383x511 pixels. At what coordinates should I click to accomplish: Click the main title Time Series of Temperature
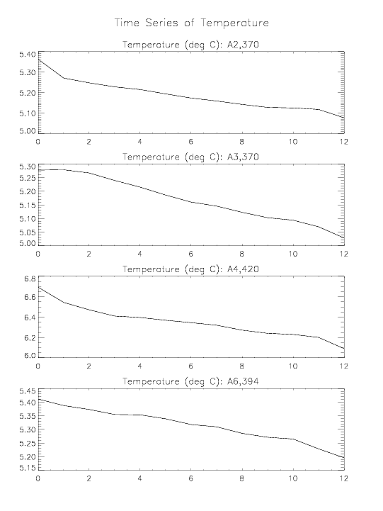coord(192,23)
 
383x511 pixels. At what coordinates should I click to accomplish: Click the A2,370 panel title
coord(190,45)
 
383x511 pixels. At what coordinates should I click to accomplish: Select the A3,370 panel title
coord(190,157)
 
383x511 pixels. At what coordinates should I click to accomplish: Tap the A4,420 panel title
coord(190,269)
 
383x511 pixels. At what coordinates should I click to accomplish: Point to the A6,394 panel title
coord(190,381)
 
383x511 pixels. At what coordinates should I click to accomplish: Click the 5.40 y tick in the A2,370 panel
coord(27,55)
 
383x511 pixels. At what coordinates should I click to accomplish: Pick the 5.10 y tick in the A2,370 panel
coord(27,113)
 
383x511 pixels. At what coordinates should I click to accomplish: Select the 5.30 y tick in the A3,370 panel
coord(27,167)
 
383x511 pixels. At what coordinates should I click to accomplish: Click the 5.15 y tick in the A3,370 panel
coord(27,206)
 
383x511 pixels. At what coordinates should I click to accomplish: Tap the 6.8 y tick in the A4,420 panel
coord(30,279)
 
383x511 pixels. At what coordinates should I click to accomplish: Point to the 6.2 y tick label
coord(30,337)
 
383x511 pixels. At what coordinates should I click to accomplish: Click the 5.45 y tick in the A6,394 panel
coord(27,391)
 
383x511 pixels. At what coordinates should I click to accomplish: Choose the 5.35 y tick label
coord(27,416)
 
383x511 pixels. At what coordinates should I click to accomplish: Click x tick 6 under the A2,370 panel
coord(191,142)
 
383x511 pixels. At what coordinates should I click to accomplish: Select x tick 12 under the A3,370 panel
coord(343,254)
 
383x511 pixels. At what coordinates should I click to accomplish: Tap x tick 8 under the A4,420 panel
coord(242,366)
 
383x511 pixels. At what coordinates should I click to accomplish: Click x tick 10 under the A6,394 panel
coord(293,478)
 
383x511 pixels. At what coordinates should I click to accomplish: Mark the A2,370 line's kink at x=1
coord(64,78)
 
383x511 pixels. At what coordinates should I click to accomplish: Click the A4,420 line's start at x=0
coord(39,288)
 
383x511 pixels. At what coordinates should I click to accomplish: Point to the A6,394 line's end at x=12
coord(344,457)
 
